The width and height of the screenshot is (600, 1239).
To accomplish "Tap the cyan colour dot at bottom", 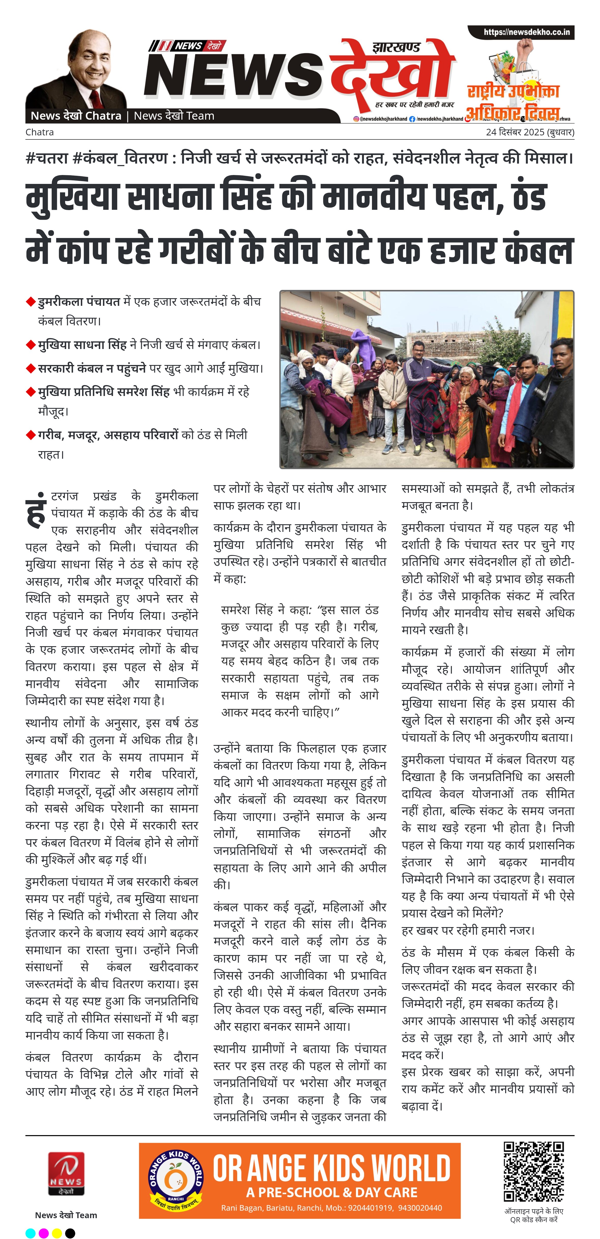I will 30,1233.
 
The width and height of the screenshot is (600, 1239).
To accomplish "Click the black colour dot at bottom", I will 70,1233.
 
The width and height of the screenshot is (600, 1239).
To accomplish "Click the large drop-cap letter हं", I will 37,511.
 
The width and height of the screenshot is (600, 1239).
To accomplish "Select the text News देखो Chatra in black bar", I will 76,116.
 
